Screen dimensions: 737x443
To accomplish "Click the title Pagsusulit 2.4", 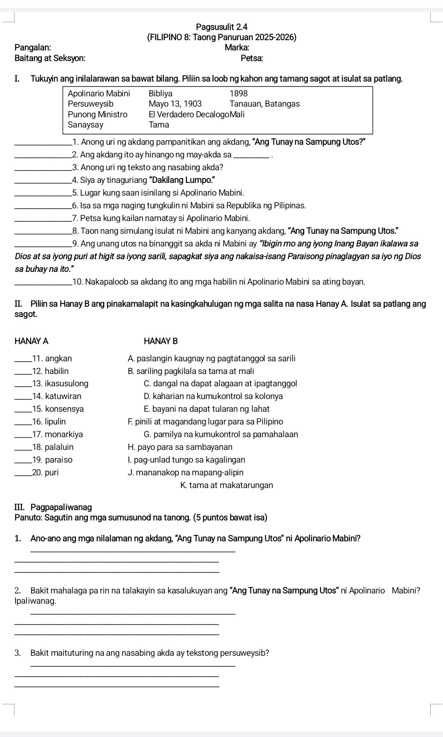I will click(x=222, y=27).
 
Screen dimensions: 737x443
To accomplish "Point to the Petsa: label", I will click(x=252, y=58).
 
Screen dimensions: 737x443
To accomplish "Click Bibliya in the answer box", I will click(x=161, y=94).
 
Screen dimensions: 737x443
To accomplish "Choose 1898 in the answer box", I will click(x=239, y=94).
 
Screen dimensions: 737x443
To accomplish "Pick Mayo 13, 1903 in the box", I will click(x=175, y=104).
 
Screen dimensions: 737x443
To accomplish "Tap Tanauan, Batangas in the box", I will click(x=265, y=104).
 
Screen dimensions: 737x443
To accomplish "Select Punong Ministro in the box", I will click(x=98, y=114).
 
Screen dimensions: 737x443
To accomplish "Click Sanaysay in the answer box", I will click(x=85, y=124).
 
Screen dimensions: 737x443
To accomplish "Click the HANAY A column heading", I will click(x=31, y=341).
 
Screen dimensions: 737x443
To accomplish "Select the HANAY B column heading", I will click(x=161, y=341).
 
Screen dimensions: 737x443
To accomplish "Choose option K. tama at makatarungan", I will click(x=226, y=485).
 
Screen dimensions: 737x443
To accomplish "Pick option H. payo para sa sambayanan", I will click(x=180, y=447).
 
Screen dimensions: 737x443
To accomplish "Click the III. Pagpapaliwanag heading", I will click(x=53, y=507).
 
